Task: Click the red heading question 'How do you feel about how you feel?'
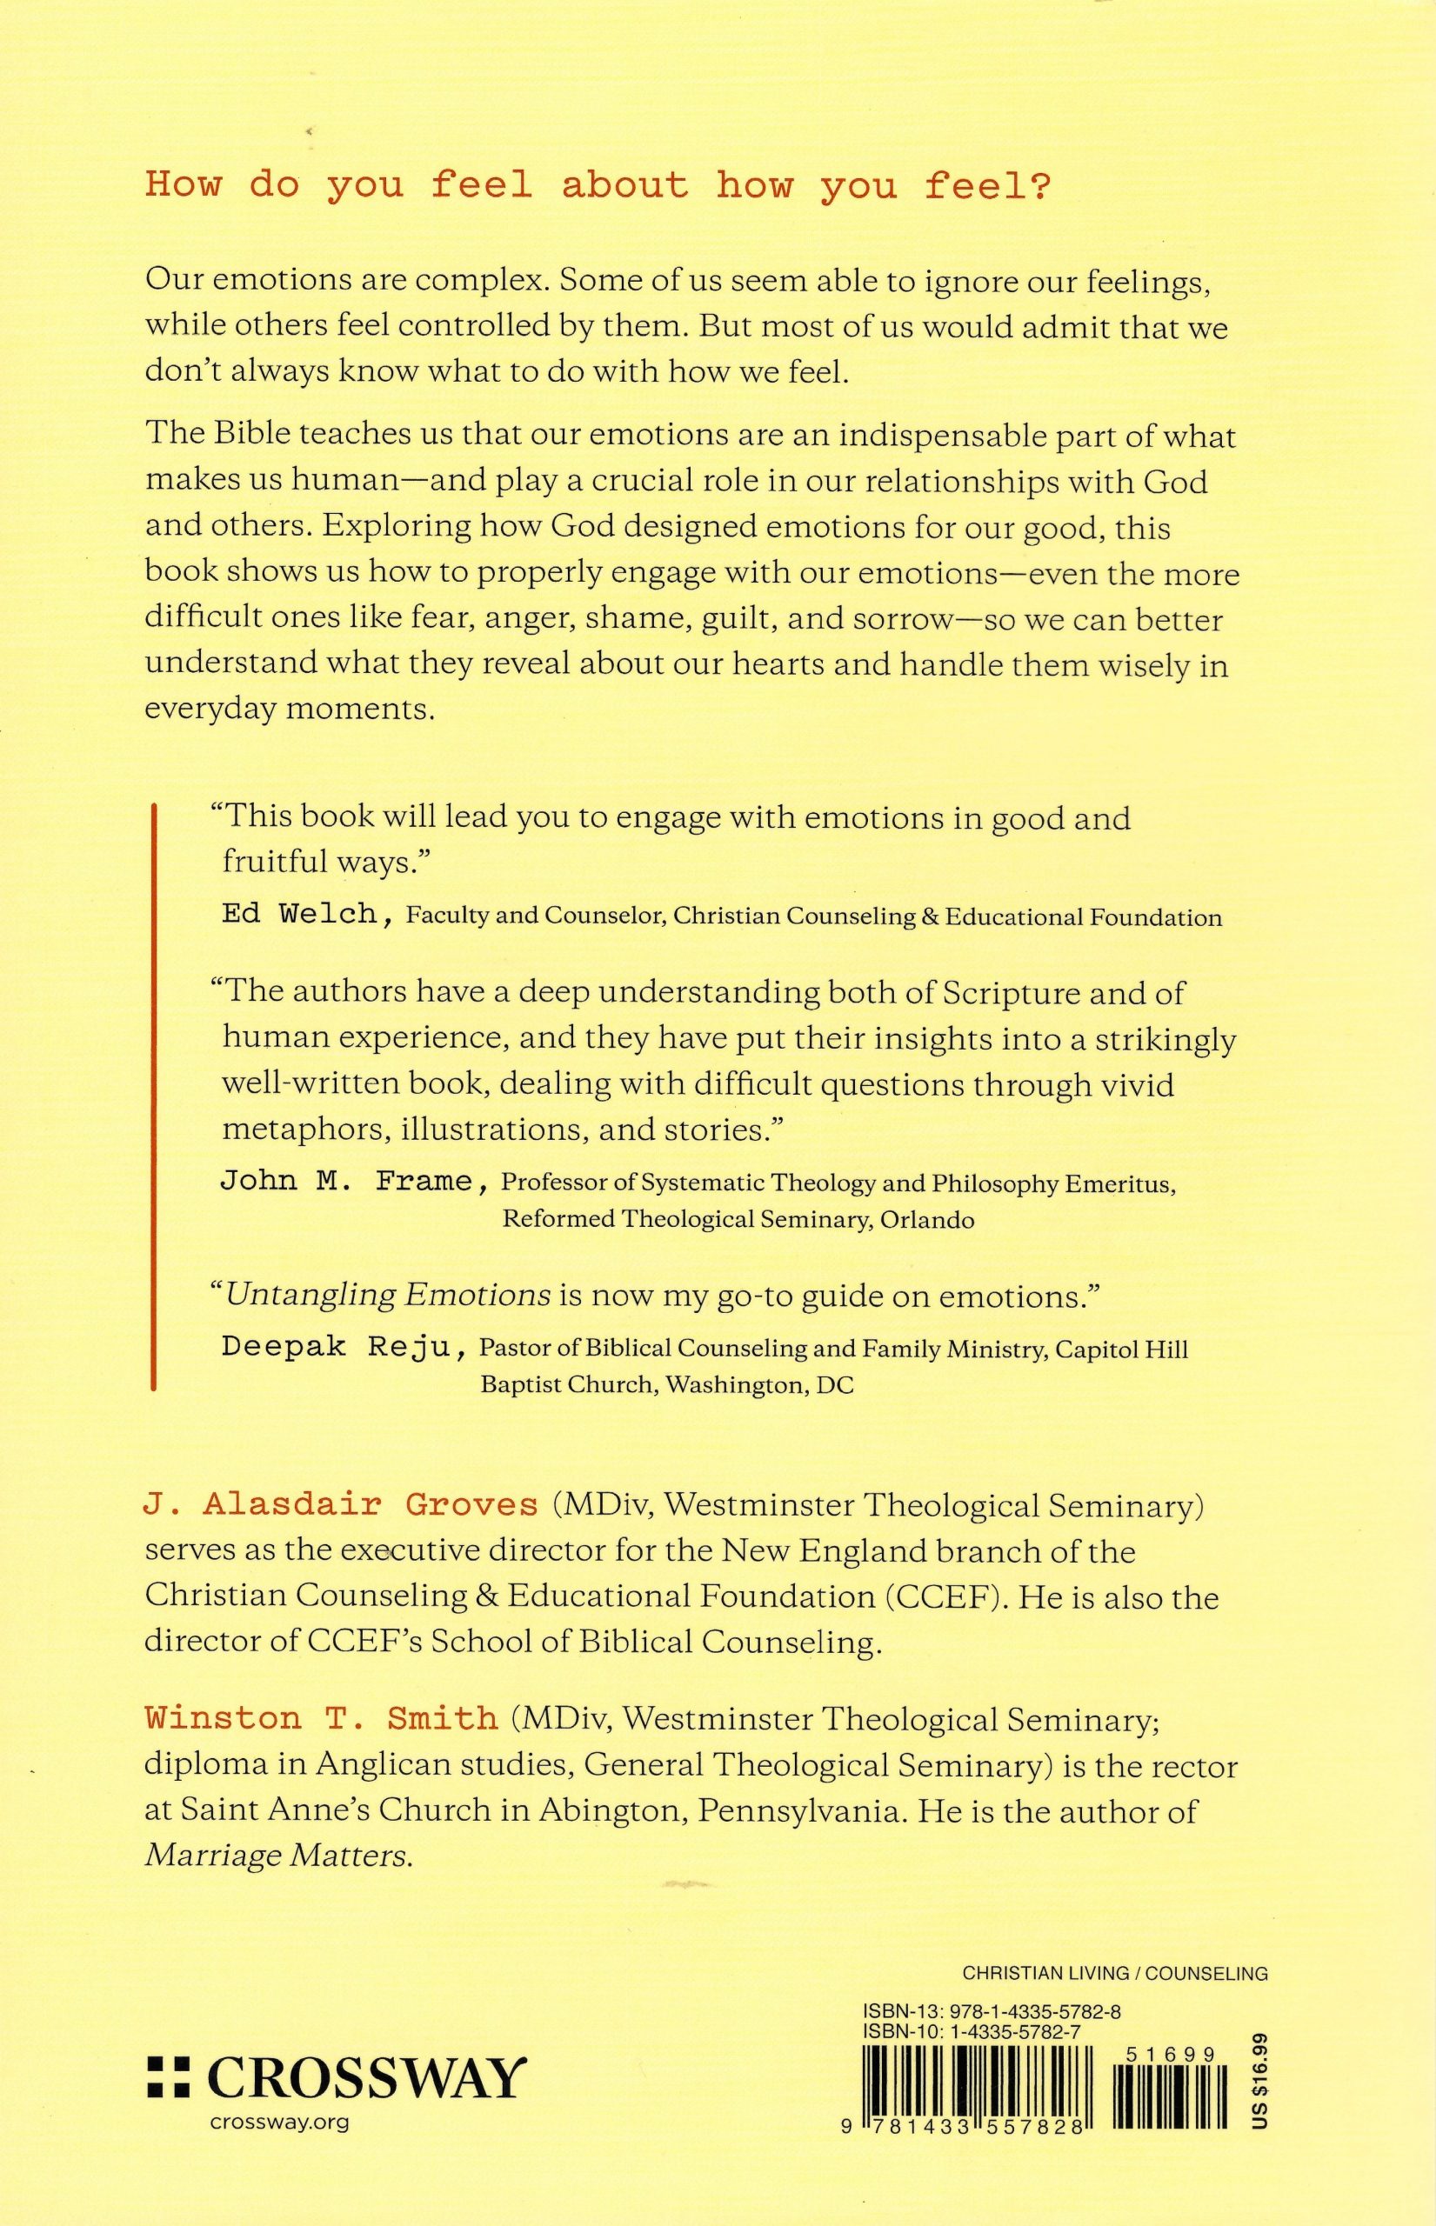(x=598, y=184)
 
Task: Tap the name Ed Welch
(x=298, y=914)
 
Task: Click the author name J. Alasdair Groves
(x=341, y=1504)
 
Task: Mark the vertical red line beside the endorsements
(x=153, y=1100)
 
